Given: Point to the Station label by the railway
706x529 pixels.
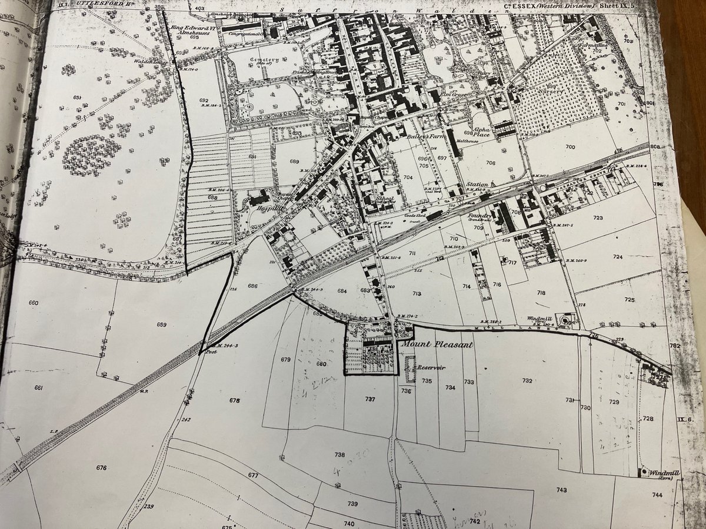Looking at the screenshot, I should point(477,184).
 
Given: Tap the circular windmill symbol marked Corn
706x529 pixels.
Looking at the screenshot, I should point(646,471).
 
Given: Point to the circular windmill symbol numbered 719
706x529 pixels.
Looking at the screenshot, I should point(565,321).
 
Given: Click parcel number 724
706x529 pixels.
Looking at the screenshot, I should point(617,257).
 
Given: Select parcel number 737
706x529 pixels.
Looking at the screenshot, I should point(369,399).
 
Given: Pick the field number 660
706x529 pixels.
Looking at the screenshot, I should point(33,303).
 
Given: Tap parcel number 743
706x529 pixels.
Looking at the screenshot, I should point(561,490).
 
